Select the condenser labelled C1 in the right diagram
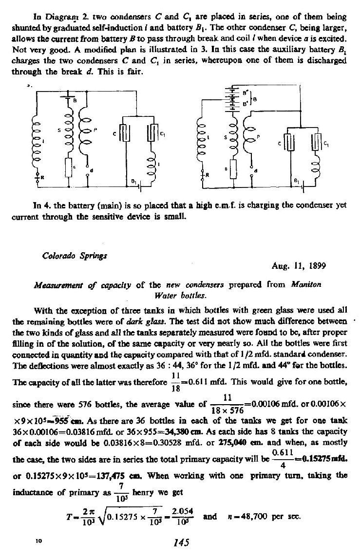coord(317,145)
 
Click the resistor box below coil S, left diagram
coord(68,168)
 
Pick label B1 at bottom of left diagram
coord(132,181)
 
